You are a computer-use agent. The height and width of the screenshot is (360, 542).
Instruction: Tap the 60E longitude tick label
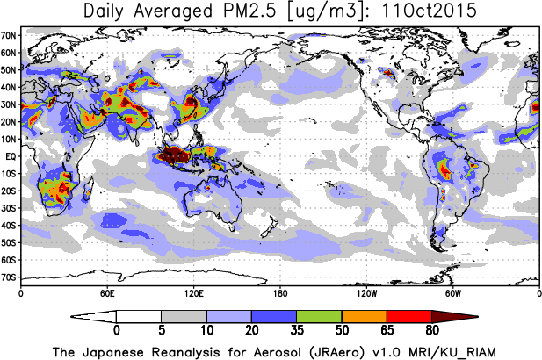pos(107,292)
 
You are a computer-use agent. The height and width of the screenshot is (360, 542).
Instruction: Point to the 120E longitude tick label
pos(193,292)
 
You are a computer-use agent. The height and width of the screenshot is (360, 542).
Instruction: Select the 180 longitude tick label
pos(279,292)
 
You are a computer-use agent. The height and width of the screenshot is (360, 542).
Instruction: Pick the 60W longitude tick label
pos(452,292)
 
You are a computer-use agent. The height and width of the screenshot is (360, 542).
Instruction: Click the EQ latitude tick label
pos(11,156)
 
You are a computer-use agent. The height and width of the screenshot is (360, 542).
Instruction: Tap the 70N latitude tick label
pos(10,35)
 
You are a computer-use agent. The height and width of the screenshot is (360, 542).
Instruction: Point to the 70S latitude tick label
pos(10,277)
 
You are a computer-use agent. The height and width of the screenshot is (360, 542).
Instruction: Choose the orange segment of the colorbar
pos(364,316)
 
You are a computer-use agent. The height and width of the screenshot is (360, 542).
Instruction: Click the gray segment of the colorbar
pos(184,316)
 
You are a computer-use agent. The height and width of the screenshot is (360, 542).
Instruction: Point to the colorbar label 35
pos(296,332)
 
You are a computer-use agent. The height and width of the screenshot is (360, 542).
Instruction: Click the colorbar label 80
pos(431,332)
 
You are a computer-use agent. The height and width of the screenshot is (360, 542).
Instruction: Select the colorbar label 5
pos(161,332)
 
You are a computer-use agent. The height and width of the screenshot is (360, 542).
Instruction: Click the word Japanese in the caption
pos(119,351)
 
